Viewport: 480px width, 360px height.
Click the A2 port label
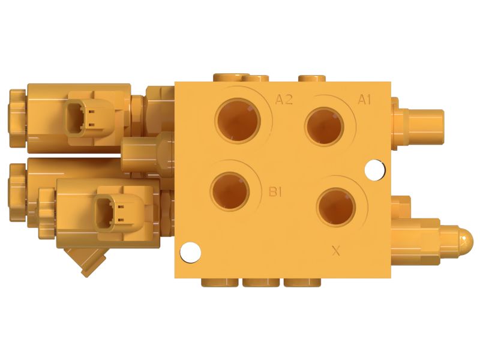284,100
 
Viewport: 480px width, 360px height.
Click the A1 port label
364,100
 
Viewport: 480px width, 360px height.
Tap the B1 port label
275,192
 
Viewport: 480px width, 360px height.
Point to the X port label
336,251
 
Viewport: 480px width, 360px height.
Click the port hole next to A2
238,121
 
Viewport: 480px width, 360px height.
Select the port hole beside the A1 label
324,126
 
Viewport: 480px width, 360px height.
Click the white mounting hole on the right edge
374,170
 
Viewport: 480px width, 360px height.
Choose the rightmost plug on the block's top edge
311,78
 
